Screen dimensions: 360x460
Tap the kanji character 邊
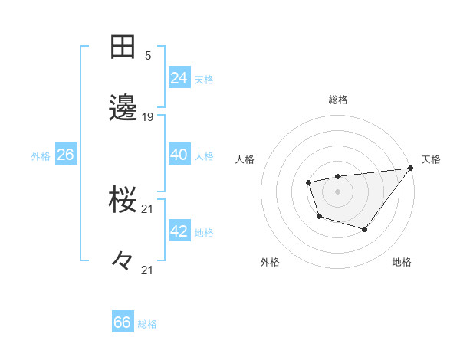point(123,107)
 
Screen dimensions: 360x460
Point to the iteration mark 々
point(123,260)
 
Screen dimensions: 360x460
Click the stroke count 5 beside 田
point(148,55)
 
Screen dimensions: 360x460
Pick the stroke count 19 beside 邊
point(148,117)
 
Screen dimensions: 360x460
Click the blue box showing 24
point(179,78)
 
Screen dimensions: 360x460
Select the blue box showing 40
point(179,155)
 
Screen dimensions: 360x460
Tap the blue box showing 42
point(179,231)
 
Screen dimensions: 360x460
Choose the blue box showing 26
point(65,155)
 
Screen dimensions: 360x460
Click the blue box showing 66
point(123,322)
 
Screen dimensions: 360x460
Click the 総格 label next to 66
point(147,324)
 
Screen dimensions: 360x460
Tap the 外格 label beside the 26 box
point(41,156)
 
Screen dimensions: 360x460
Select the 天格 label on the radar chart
point(431,159)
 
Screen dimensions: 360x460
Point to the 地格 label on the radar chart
point(402,263)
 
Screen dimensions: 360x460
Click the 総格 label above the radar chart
point(337,100)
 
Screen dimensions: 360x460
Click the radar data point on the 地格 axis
point(365,229)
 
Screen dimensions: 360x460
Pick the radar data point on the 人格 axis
point(308,182)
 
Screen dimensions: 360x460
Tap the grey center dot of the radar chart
point(337,191)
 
